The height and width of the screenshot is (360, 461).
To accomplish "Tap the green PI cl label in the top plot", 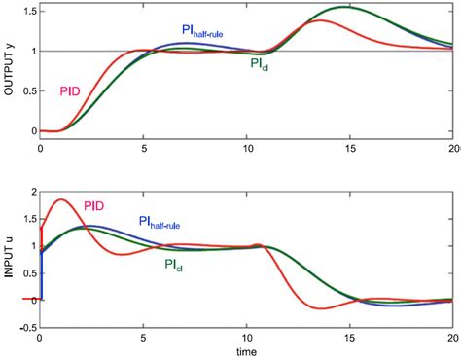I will [x=259, y=65].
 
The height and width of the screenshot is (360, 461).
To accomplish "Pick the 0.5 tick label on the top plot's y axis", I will [x=25, y=90].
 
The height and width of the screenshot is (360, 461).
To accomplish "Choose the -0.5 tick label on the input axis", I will [x=23, y=325].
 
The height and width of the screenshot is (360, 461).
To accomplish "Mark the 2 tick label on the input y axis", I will [x=30, y=192].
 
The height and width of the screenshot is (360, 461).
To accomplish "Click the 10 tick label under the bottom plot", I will [x=247, y=338].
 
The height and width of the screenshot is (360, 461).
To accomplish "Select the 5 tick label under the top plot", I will [x=144, y=149].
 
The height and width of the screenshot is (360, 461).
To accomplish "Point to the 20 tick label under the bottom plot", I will [x=452, y=338].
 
